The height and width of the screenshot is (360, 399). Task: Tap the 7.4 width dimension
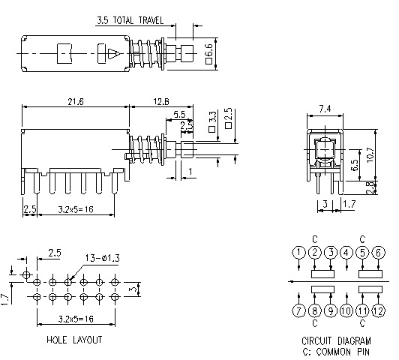tap(324, 109)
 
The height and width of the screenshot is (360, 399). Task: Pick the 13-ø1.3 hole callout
tap(101, 258)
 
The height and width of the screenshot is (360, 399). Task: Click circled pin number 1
tap(299, 252)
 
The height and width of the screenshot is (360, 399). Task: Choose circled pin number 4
tap(346, 252)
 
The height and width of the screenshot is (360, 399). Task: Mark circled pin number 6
tap(379, 252)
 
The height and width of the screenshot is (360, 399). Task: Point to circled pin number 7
tap(299, 310)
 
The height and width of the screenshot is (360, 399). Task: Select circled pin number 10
tap(346, 310)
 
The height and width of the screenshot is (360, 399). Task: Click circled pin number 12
tap(379, 310)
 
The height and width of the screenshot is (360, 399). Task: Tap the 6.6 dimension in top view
tap(209, 52)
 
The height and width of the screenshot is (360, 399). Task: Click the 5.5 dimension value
tap(179, 114)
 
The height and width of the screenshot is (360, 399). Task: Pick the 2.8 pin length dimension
tap(370, 188)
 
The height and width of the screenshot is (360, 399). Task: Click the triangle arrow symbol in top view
tap(112, 54)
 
